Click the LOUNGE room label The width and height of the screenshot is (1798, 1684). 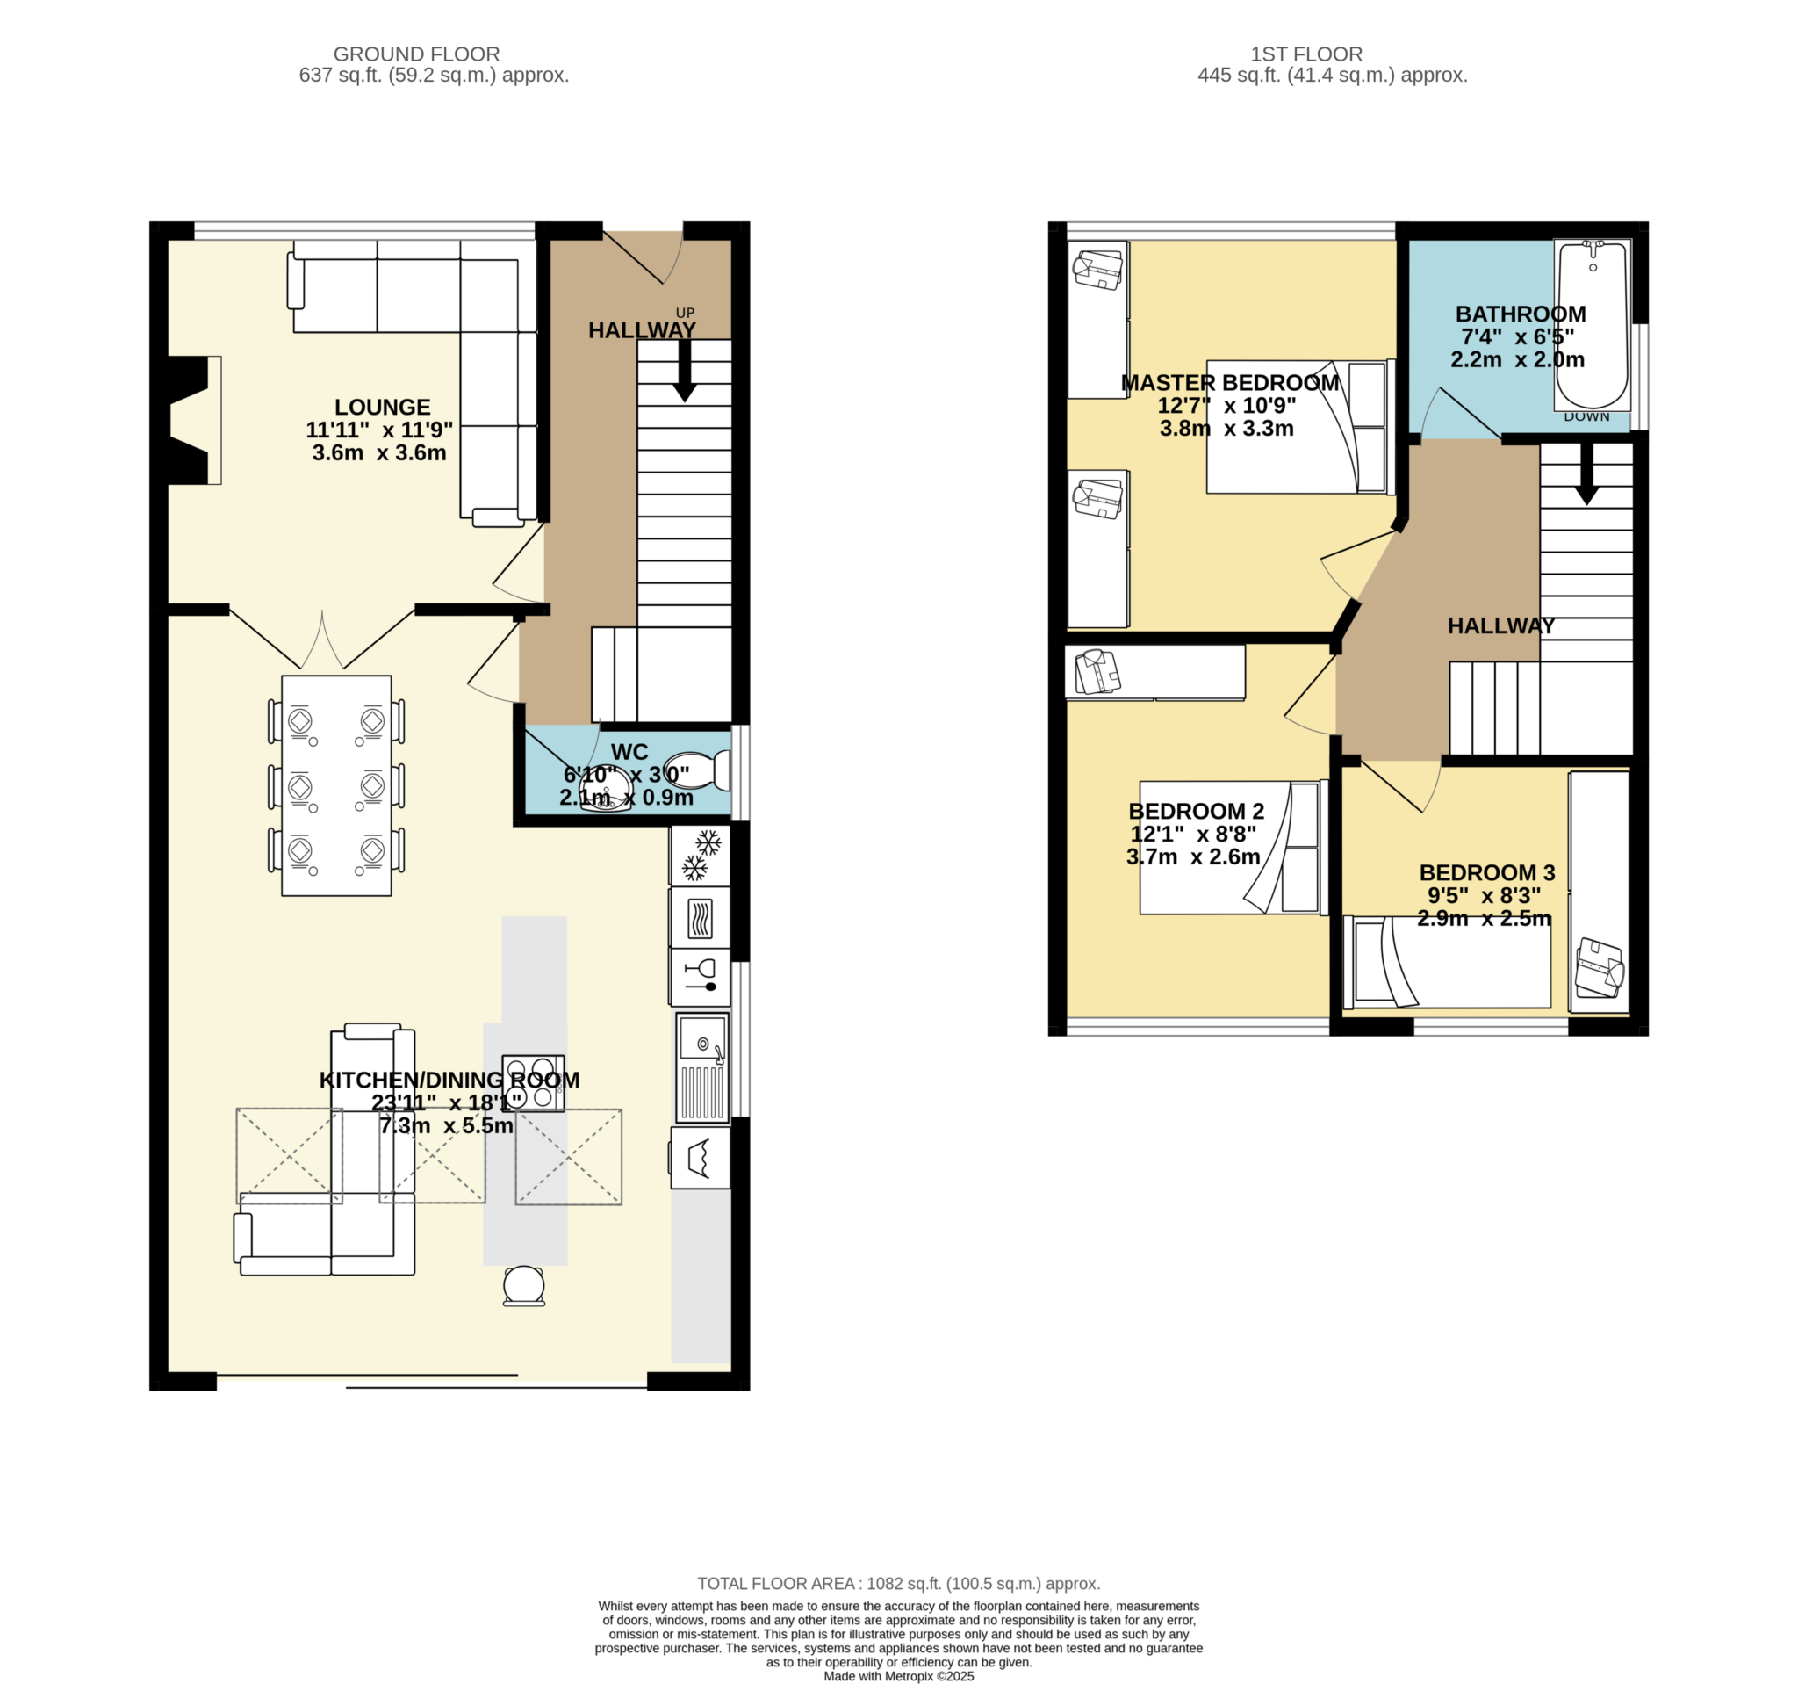coord(382,408)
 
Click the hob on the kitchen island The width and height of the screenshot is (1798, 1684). coord(533,1083)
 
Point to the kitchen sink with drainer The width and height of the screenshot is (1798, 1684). coord(702,1068)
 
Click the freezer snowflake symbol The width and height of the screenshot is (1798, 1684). coord(701,855)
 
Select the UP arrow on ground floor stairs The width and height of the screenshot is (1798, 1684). coord(685,371)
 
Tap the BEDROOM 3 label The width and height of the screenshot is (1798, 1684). coord(1487,872)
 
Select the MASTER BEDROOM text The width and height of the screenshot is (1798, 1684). coord(1229,383)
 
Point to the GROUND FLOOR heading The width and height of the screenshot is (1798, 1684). coord(416,54)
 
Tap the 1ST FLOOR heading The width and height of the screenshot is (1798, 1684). coord(1306,54)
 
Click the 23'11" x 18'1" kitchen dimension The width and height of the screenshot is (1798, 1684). coord(447,1102)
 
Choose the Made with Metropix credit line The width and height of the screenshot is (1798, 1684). coord(898,1676)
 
